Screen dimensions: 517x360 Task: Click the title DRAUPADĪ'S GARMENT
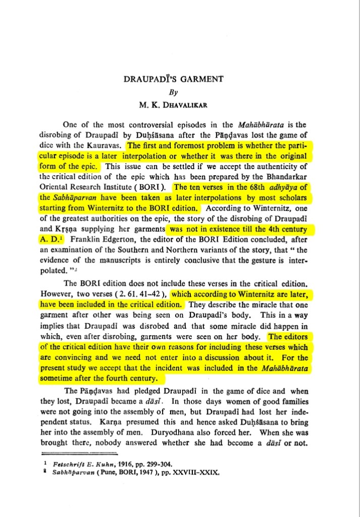(181, 79)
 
